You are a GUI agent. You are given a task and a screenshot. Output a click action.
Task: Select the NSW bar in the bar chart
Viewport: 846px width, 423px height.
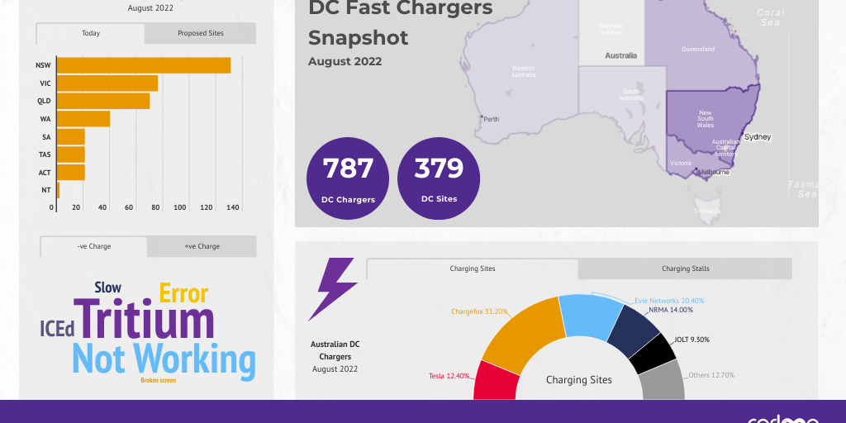(143, 65)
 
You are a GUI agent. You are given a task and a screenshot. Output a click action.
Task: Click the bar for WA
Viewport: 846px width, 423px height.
(83, 119)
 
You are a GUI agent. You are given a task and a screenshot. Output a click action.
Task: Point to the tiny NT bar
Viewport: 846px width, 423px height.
(58, 190)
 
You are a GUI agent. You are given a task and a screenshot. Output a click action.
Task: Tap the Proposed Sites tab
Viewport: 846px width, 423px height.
(200, 34)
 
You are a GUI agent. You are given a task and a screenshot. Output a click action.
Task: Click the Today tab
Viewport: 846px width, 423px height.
(91, 34)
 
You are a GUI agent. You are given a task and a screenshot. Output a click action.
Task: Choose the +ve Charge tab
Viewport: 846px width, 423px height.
(202, 246)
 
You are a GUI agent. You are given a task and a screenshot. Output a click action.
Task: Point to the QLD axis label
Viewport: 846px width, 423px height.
(44, 101)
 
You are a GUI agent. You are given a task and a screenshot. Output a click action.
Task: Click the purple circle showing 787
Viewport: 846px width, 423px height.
(348, 178)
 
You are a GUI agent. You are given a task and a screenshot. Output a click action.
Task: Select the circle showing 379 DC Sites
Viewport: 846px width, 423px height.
(439, 178)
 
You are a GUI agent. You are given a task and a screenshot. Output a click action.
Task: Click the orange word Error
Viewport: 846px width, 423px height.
(183, 293)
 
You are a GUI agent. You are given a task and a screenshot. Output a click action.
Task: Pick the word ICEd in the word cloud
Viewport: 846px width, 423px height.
(57, 329)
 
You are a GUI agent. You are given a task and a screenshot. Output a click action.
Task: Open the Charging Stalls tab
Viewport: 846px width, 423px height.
(685, 269)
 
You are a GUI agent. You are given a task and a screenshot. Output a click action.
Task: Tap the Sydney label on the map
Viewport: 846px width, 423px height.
(758, 136)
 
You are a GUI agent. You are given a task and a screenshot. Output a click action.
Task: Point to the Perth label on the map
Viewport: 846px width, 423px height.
(491, 119)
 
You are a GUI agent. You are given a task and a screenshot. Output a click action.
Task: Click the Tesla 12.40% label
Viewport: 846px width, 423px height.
(449, 376)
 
